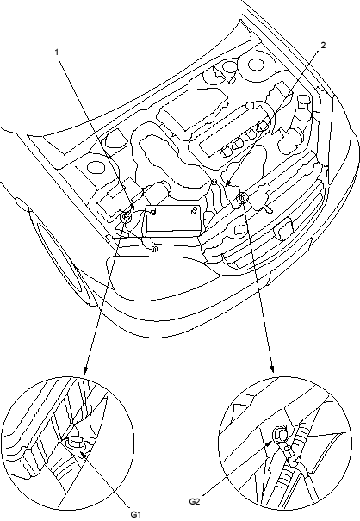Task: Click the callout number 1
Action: tap(57, 53)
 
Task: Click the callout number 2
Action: tap(323, 45)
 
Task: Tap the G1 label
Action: tap(135, 515)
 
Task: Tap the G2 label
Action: tap(195, 502)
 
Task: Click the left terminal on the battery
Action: tap(153, 211)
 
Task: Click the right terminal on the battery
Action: tap(195, 210)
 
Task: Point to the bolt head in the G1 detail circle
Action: tap(76, 443)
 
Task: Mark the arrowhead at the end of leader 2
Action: tap(227, 183)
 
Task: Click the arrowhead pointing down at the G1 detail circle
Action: tap(85, 370)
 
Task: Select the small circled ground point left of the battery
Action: tap(126, 218)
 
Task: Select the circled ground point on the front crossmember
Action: tap(242, 198)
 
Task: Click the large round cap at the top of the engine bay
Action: tap(256, 65)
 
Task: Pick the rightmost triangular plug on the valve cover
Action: tap(264, 127)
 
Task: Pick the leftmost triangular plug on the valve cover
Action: tap(227, 152)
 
